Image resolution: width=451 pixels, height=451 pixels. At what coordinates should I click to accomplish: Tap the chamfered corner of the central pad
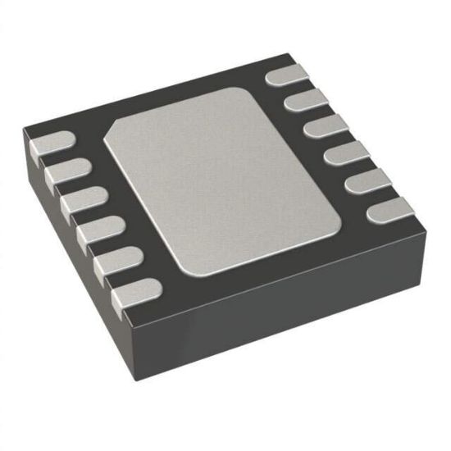click(x=115, y=131)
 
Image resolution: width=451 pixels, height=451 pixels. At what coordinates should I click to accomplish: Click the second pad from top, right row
click(x=306, y=101)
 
